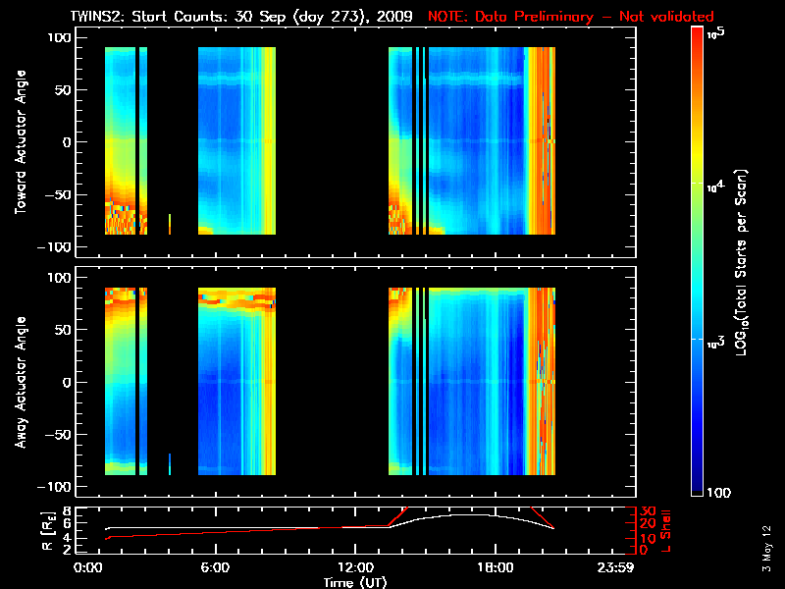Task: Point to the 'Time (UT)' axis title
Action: [354, 581]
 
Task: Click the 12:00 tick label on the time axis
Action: [354, 566]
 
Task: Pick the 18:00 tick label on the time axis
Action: [494, 566]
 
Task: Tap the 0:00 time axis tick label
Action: [87, 566]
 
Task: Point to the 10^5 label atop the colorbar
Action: [715, 33]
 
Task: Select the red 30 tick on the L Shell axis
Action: [648, 510]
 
